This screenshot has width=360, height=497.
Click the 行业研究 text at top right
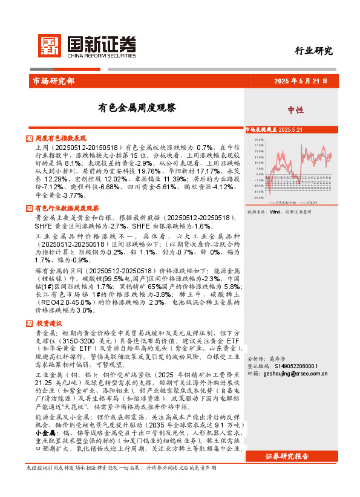[x=313, y=51]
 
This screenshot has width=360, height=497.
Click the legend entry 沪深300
[x=313, y=203]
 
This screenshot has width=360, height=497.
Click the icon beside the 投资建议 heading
[x=30, y=323]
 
